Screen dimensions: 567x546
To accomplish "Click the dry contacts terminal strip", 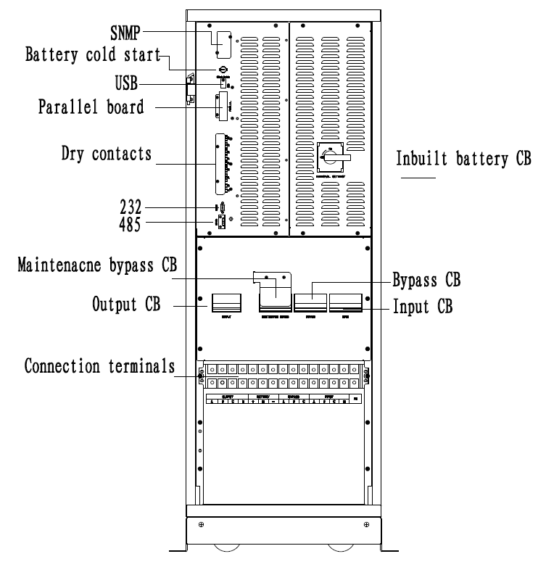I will click(x=221, y=164).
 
